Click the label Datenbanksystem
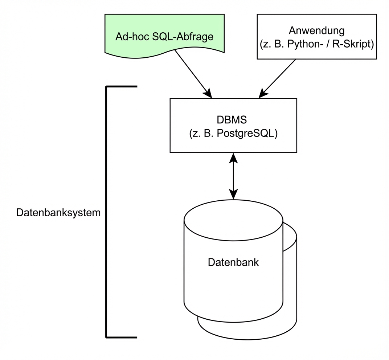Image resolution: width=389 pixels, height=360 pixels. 58,213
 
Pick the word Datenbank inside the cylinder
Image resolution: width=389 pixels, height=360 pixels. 233,262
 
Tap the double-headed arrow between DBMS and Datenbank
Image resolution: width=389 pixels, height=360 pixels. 233,176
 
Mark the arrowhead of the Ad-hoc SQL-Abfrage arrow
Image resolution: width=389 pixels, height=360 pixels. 208,93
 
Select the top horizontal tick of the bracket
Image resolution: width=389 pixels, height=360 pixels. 122,87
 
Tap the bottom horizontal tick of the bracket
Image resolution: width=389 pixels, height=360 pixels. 122,337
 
